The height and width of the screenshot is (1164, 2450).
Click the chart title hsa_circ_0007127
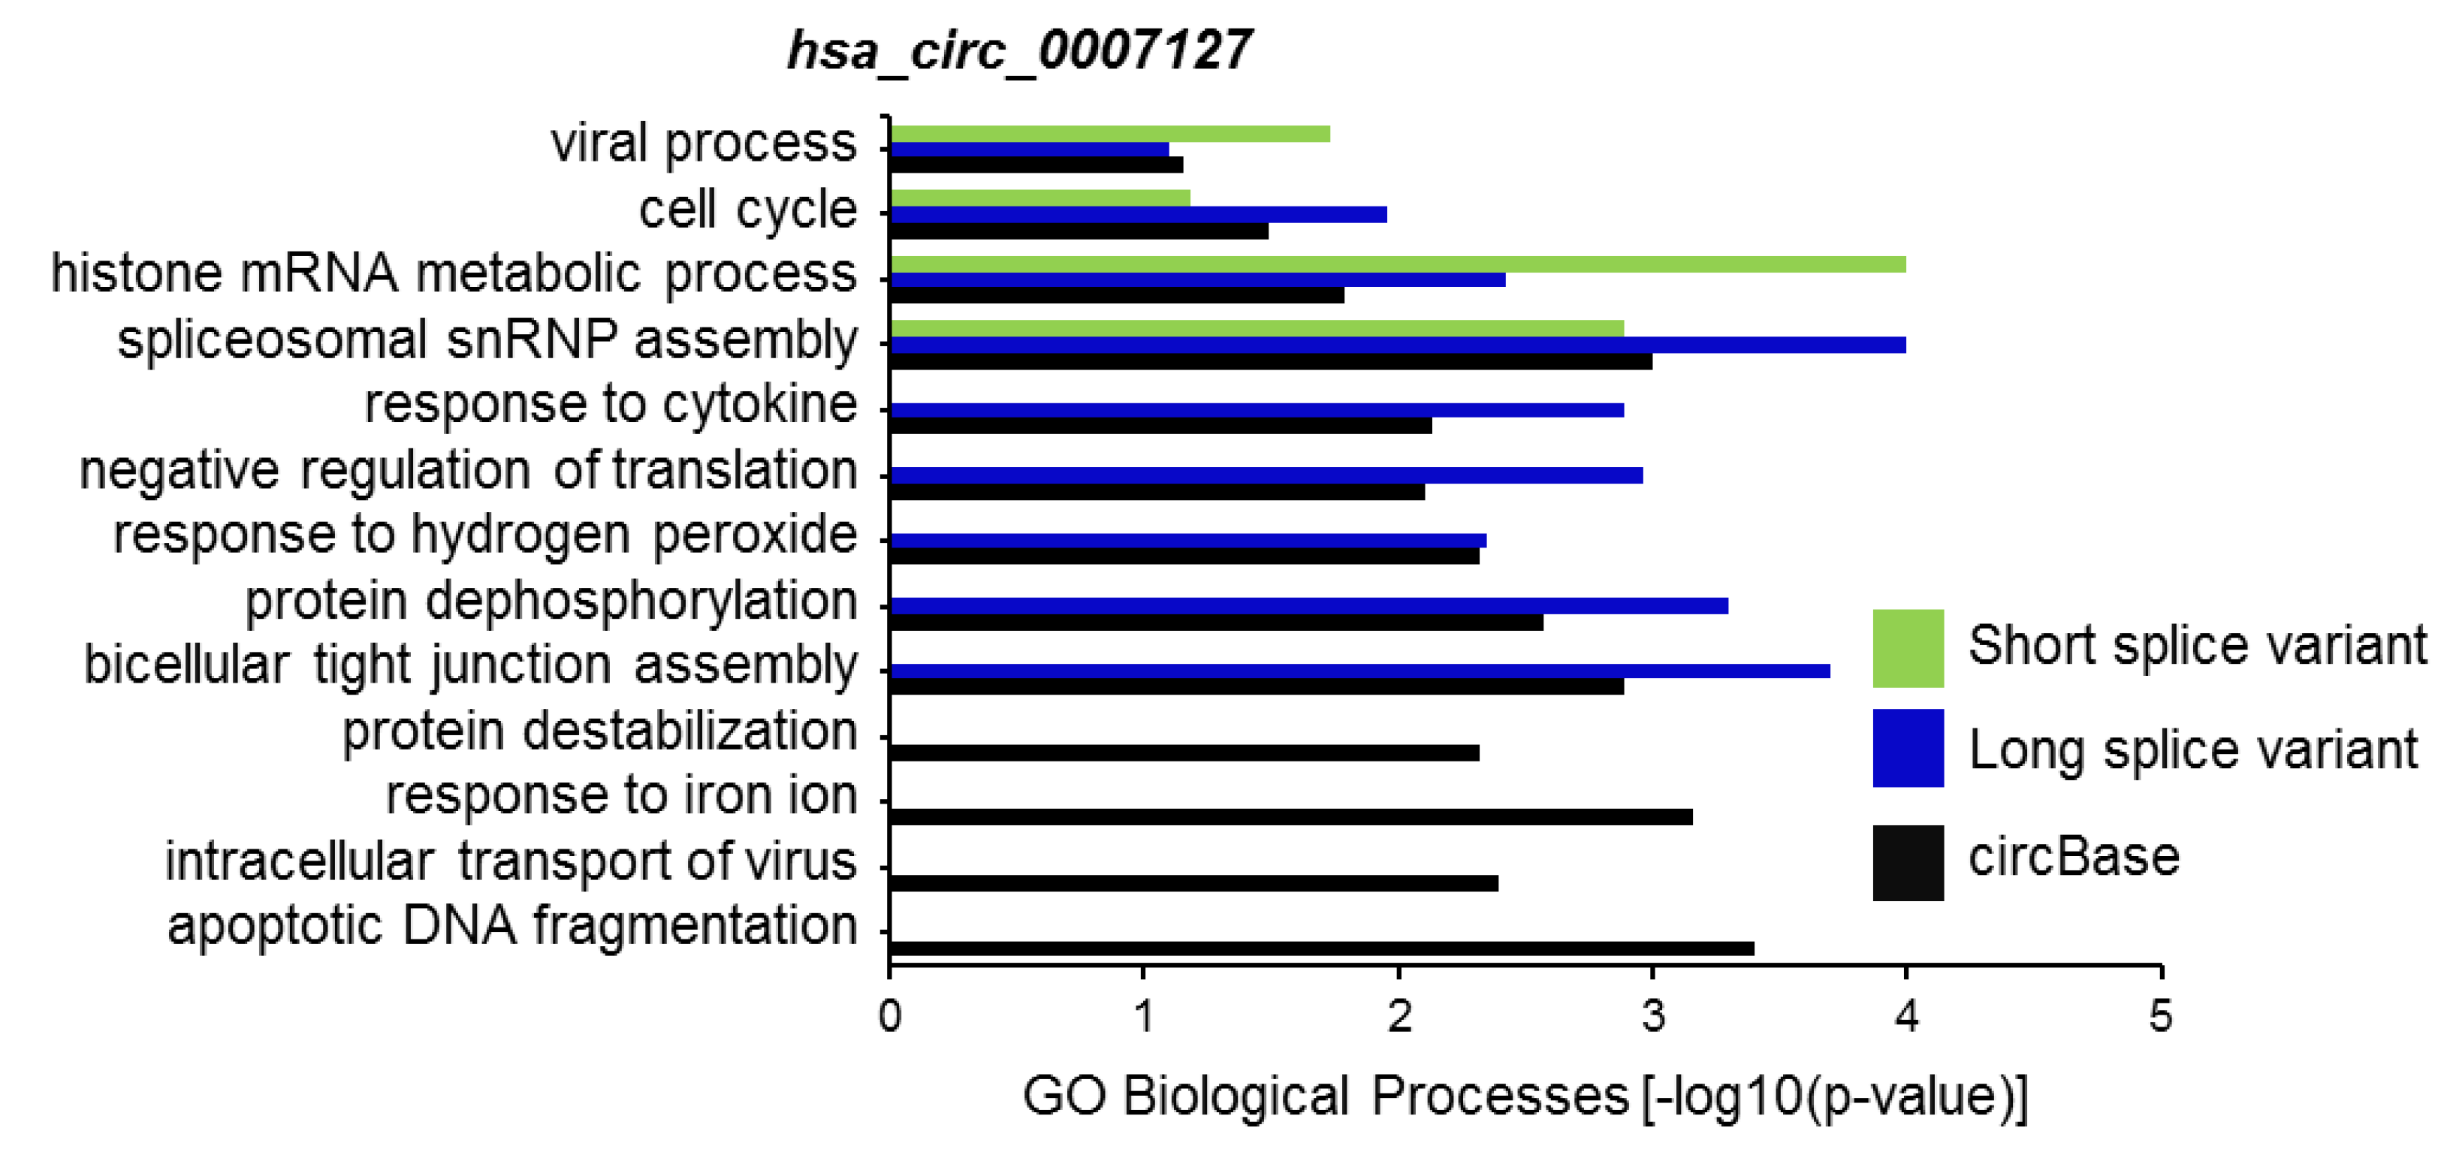pos(1018,50)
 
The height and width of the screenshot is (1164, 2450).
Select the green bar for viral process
pos(1109,134)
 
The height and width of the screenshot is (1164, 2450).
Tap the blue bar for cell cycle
pos(1137,215)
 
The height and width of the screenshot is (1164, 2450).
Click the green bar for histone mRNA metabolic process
pos(1397,264)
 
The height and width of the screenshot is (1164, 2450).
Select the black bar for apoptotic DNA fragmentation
pos(1321,948)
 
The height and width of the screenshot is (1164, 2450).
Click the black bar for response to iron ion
pos(1290,817)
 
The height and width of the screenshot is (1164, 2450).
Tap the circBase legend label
pos(2074,858)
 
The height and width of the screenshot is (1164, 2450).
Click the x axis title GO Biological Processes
pos(1525,1096)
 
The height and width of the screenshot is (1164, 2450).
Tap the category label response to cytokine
pos(611,404)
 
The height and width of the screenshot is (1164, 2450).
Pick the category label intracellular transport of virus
pos(511,861)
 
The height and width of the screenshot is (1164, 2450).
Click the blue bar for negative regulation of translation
pos(1266,475)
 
